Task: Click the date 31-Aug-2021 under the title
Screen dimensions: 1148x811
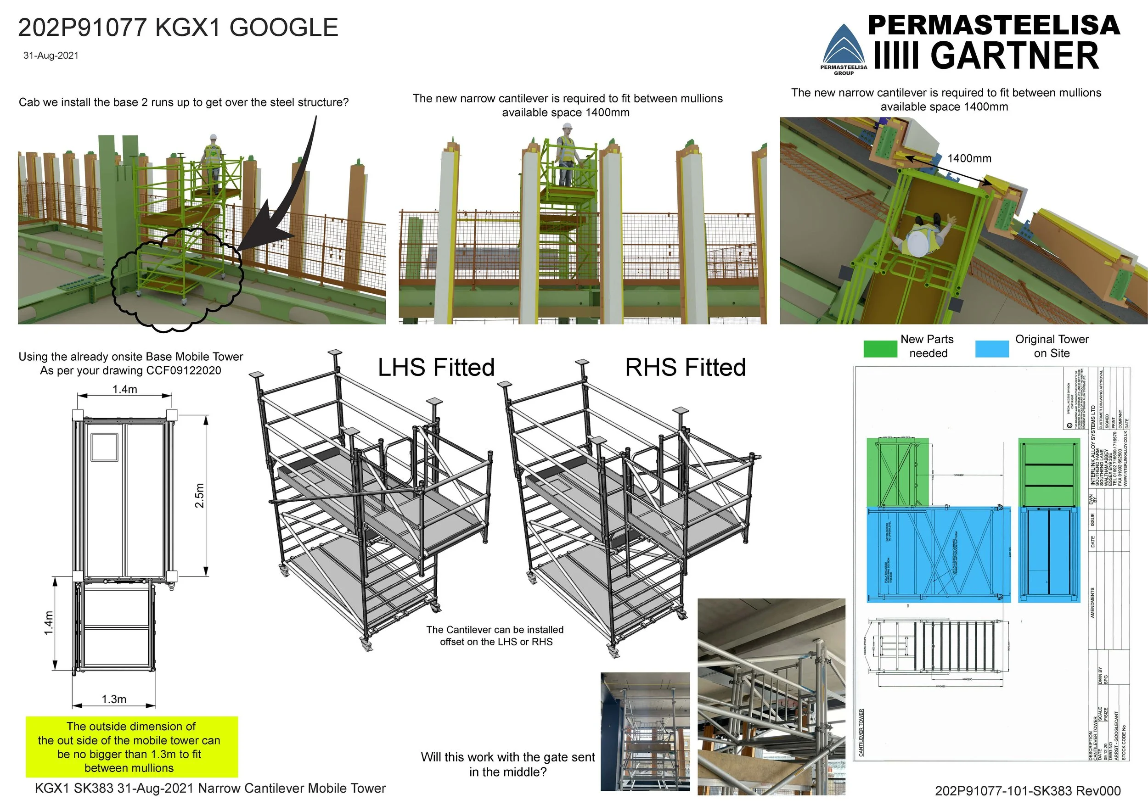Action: tap(51, 56)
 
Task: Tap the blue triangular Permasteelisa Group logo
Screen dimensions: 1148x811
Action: tap(844, 45)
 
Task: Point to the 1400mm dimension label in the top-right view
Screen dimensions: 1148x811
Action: tap(969, 158)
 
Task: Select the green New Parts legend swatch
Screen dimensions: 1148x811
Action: tap(880, 348)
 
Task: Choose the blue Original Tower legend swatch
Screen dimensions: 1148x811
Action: tap(991, 348)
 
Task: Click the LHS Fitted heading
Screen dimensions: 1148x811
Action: tap(436, 367)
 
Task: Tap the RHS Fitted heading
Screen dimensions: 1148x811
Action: tap(685, 367)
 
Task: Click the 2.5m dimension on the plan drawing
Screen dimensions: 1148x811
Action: tap(199, 495)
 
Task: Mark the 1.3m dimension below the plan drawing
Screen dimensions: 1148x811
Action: tap(114, 699)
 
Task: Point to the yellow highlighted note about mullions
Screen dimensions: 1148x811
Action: tap(131, 747)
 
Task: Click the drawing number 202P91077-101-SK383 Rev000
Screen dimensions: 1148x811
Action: tap(1028, 790)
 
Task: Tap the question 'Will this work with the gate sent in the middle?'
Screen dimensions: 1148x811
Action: tap(507, 764)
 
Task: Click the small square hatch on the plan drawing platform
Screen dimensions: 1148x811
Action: tap(105, 447)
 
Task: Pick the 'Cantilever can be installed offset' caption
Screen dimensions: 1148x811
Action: tap(495, 636)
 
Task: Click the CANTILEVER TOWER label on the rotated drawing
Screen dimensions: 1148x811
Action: tap(861, 732)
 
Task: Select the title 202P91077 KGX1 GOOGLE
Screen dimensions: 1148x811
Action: tap(178, 28)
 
